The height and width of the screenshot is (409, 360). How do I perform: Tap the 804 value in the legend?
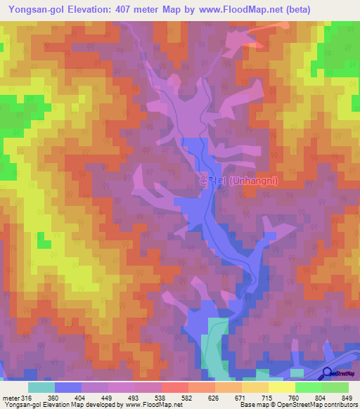click(x=326, y=398)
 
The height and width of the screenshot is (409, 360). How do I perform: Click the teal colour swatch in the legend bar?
click(x=41, y=387)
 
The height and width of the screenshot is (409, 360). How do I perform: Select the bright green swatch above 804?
click(x=309, y=387)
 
